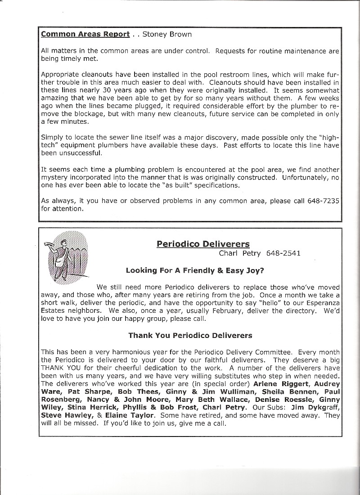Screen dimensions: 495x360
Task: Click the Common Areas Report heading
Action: click(x=85, y=34)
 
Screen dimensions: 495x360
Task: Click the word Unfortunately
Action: click(x=306, y=177)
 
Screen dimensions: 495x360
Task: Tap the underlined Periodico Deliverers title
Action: click(x=203, y=244)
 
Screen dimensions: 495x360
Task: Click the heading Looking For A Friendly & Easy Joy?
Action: click(x=195, y=270)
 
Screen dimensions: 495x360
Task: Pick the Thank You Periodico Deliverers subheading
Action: click(x=190, y=335)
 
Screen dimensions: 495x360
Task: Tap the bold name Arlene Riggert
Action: click(x=280, y=384)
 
